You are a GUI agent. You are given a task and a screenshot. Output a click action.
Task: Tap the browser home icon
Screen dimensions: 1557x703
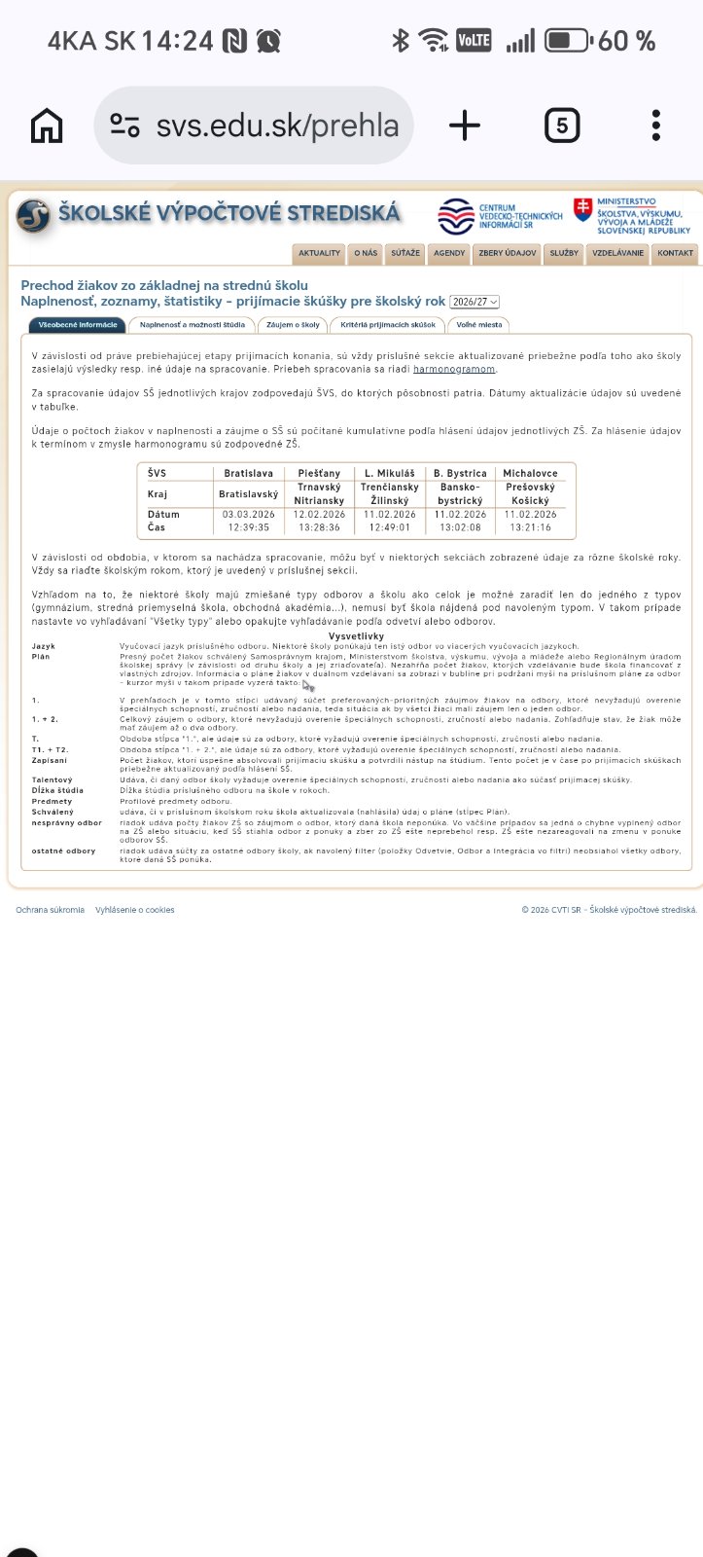pyautogui.click(x=47, y=126)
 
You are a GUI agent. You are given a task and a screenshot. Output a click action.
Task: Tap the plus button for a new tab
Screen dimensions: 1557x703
pyautogui.click(x=465, y=126)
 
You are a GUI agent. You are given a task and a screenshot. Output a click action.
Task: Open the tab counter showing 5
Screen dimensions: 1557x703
pyautogui.click(x=562, y=126)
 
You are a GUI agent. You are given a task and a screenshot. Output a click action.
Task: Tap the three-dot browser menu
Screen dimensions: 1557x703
pyautogui.click(x=656, y=126)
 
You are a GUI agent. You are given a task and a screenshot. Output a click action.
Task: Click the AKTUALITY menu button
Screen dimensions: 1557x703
pyautogui.click(x=319, y=253)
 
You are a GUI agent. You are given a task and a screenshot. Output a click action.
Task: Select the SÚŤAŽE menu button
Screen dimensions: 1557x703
pyautogui.click(x=405, y=253)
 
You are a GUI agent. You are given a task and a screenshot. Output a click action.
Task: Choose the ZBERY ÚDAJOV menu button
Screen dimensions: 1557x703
pyautogui.click(x=507, y=253)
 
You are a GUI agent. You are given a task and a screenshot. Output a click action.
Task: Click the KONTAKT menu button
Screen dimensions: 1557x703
pyautogui.click(x=675, y=253)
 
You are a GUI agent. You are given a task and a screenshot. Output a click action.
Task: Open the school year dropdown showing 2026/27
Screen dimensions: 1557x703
pyautogui.click(x=475, y=303)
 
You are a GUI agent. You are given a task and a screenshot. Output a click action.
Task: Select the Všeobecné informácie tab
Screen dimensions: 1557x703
pyautogui.click(x=77, y=325)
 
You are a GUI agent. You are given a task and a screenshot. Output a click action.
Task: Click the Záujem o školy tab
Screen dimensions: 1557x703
pyautogui.click(x=293, y=325)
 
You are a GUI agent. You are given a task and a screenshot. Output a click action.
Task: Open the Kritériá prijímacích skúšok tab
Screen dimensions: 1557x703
pyautogui.click(x=388, y=325)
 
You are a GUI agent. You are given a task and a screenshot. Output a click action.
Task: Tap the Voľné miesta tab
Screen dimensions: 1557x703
pyautogui.click(x=479, y=325)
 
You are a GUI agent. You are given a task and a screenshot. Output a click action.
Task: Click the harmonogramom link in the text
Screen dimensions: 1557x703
pyautogui.click(x=454, y=370)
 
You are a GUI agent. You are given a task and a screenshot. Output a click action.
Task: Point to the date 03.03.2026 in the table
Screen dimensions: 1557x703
pyautogui.click(x=249, y=514)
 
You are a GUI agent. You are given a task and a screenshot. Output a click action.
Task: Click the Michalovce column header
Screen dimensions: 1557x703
pyautogui.click(x=530, y=473)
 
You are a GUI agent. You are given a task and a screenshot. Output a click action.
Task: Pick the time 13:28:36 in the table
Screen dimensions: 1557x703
pyautogui.click(x=319, y=527)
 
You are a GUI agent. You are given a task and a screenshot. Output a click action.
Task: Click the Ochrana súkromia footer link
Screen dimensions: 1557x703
pyautogui.click(x=50, y=910)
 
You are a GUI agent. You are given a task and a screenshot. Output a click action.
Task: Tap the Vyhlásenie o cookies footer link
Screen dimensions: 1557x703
pyautogui.click(x=135, y=910)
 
